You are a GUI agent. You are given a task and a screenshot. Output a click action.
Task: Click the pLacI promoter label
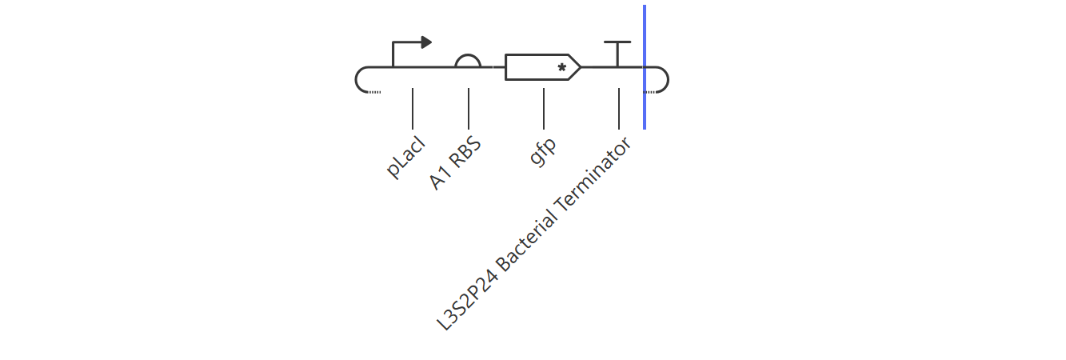pyautogui.click(x=405, y=158)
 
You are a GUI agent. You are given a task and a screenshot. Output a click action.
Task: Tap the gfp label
pyautogui.click(x=543, y=151)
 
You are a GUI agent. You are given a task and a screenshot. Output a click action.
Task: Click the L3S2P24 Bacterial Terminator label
pyautogui.click(x=534, y=234)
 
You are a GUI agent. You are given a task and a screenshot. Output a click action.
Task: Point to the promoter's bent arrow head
pyautogui.click(x=426, y=42)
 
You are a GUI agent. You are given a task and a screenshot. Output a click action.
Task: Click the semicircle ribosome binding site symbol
pyautogui.click(x=468, y=56)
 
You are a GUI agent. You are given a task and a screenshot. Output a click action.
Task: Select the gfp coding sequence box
pyautogui.click(x=542, y=67)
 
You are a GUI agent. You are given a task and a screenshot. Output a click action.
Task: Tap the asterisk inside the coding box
pyautogui.click(x=561, y=67)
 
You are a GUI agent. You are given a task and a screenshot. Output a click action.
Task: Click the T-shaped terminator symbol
pyautogui.click(x=617, y=54)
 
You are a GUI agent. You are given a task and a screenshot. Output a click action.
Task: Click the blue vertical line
pyautogui.click(x=645, y=67)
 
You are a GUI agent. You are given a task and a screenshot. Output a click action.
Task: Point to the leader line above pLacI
pyautogui.click(x=413, y=109)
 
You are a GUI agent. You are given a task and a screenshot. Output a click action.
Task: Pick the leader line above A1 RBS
pyautogui.click(x=469, y=109)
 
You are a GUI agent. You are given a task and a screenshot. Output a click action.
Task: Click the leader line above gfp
pyautogui.click(x=544, y=109)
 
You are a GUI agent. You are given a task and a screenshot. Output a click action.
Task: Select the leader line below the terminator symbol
pyautogui.click(x=619, y=109)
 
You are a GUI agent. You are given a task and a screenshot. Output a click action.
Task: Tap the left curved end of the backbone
pyautogui.click(x=356, y=79)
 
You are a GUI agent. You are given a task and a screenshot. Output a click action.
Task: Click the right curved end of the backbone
pyautogui.click(x=669, y=79)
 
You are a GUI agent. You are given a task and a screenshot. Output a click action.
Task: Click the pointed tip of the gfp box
pyautogui.click(x=581, y=67)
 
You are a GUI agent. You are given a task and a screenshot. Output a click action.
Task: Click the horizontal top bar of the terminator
pyautogui.click(x=617, y=42)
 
